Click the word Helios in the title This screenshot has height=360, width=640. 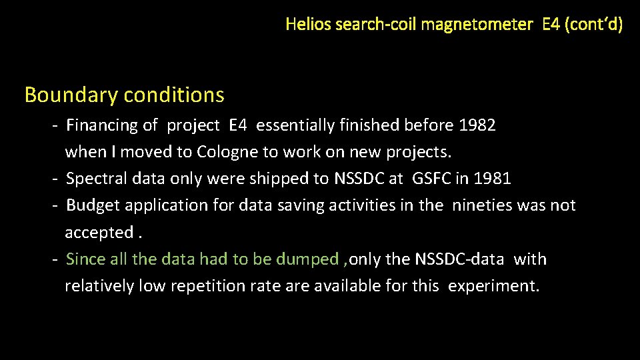pyautogui.click(x=309, y=25)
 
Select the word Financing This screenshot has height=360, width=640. pyautogui.click(x=103, y=125)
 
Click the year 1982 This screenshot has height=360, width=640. pyautogui.click(x=477, y=125)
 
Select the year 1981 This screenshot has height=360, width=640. pyautogui.click(x=493, y=179)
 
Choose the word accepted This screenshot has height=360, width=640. pyautogui.click(x=99, y=233)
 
